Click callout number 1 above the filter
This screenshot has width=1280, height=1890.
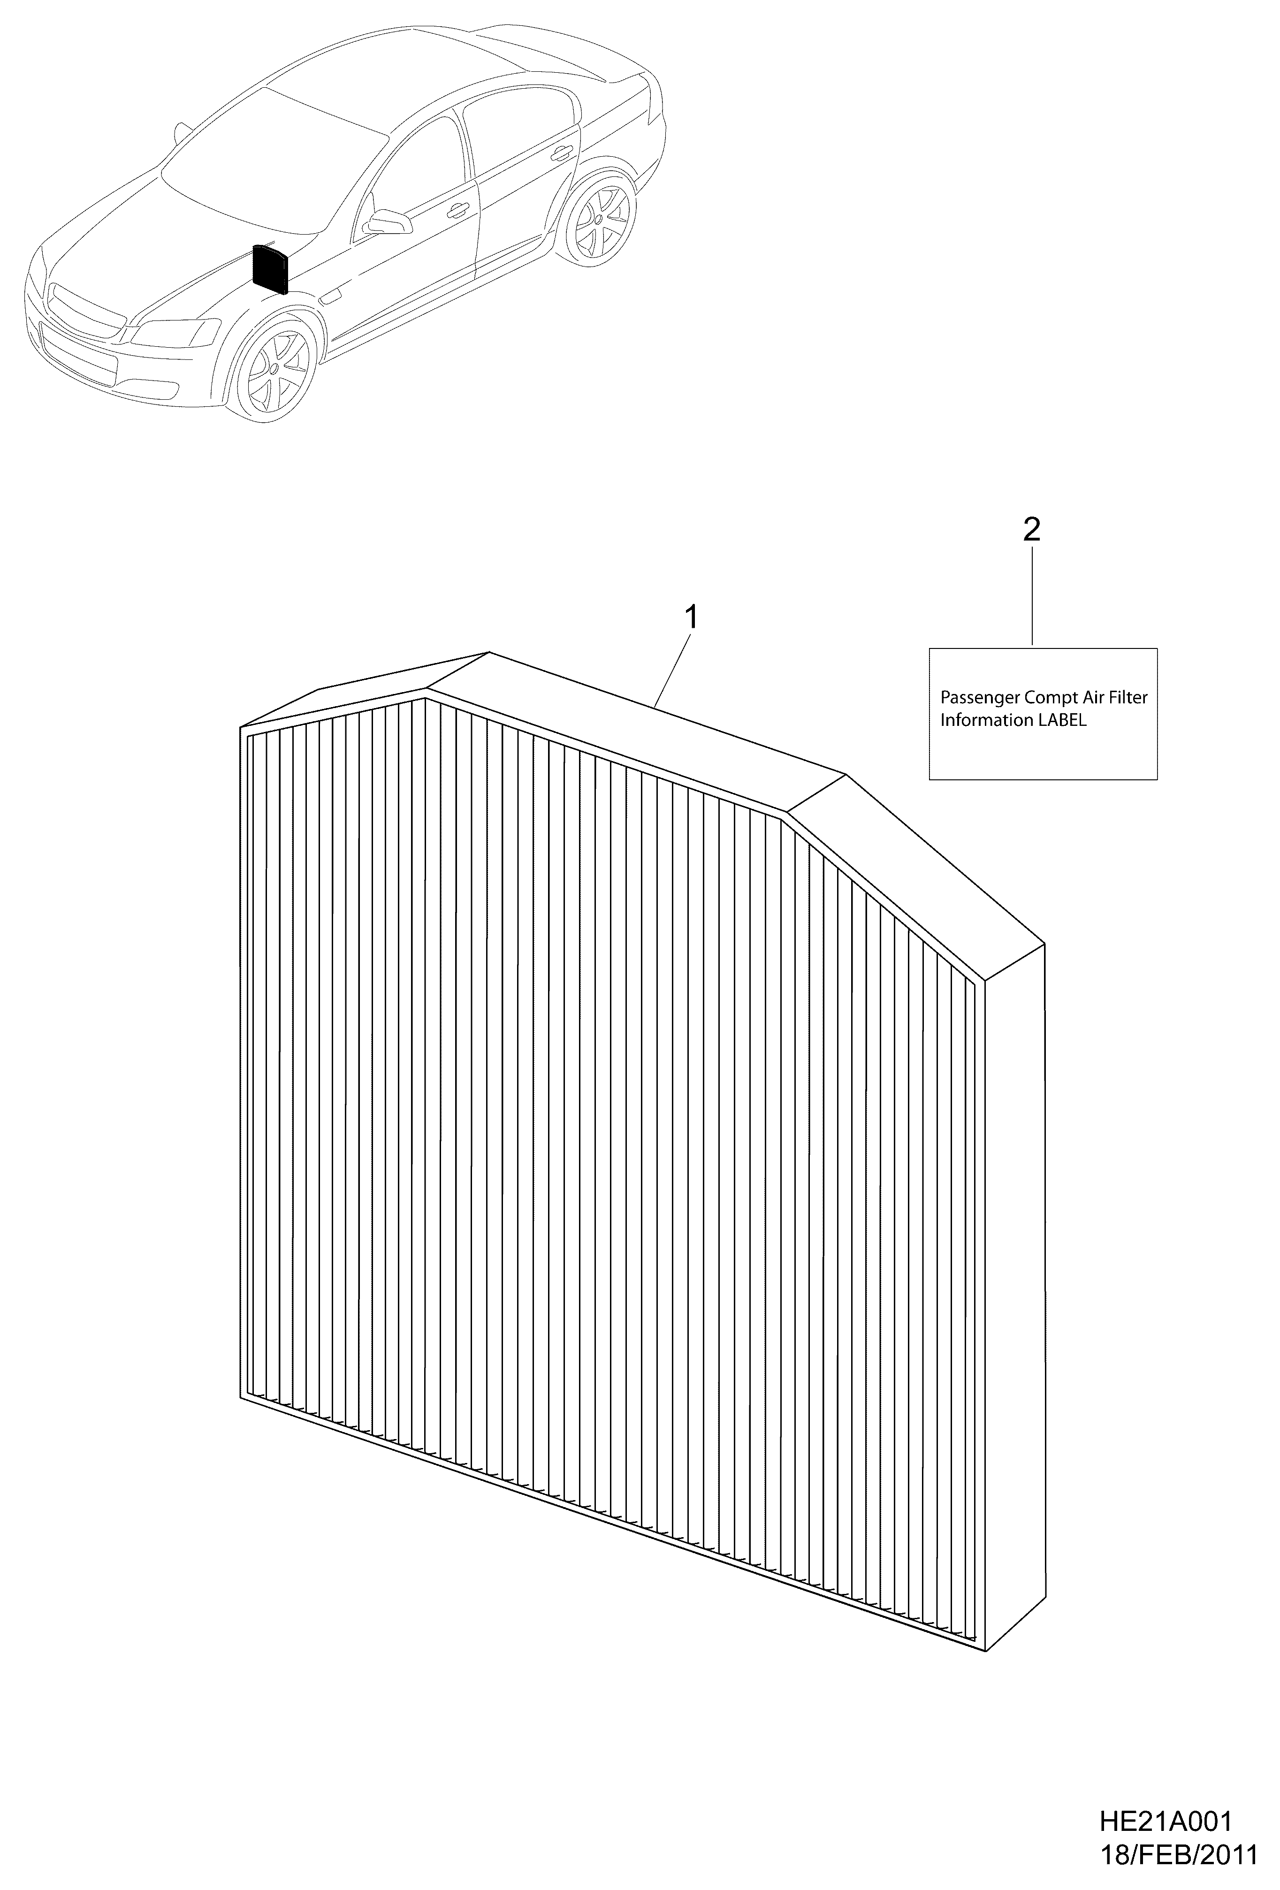click(690, 617)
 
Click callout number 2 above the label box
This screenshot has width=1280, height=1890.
click(1031, 530)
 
